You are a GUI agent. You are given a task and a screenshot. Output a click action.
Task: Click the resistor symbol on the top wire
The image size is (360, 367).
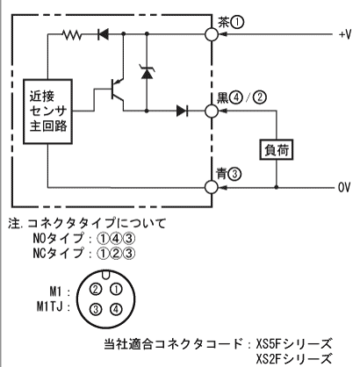(72, 35)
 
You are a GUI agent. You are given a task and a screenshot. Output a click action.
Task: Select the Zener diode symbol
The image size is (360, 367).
(147, 73)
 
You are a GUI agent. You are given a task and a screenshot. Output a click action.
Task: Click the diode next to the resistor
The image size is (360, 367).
(103, 34)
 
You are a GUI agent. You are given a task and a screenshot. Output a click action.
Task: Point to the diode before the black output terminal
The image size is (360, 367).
(182, 111)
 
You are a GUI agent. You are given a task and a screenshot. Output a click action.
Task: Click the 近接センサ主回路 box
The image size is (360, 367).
(47, 112)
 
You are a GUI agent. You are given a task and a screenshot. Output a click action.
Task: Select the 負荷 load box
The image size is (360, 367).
(277, 150)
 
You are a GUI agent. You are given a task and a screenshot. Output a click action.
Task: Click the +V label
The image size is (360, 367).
(345, 35)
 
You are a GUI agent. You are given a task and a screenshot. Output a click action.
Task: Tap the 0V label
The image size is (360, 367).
(344, 187)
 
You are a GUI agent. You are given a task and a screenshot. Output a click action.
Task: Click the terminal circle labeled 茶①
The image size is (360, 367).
(212, 34)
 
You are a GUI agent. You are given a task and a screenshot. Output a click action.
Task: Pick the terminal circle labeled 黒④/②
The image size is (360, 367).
(212, 111)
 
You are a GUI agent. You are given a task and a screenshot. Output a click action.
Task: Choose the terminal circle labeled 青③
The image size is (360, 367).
(212, 187)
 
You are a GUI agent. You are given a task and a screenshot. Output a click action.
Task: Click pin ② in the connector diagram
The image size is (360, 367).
(96, 290)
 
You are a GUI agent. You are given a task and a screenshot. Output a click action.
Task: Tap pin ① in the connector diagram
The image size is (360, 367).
(116, 290)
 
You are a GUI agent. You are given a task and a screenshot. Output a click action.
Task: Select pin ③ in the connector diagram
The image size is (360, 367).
(96, 309)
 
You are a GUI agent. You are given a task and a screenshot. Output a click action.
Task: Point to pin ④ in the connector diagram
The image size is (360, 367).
(116, 309)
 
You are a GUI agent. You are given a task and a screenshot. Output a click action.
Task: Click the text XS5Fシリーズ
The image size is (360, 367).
(294, 343)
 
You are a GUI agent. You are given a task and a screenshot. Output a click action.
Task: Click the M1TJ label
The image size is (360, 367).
(50, 307)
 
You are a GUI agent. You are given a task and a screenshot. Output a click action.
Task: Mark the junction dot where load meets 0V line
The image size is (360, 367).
(277, 187)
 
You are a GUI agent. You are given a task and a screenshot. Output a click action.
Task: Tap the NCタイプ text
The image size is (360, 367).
(58, 253)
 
